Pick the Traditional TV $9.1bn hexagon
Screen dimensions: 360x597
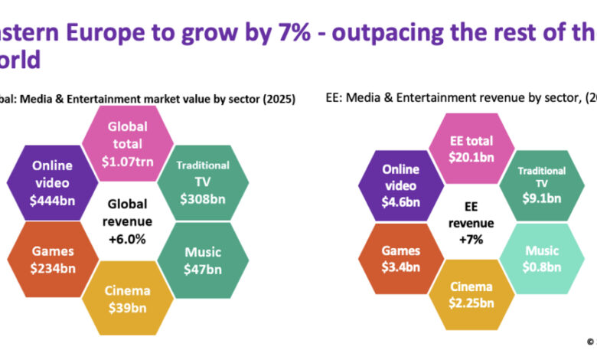click(x=541, y=185)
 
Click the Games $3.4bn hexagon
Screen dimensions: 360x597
click(x=401, y=258)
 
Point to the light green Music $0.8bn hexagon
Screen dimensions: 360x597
click(x=541, y=258)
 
